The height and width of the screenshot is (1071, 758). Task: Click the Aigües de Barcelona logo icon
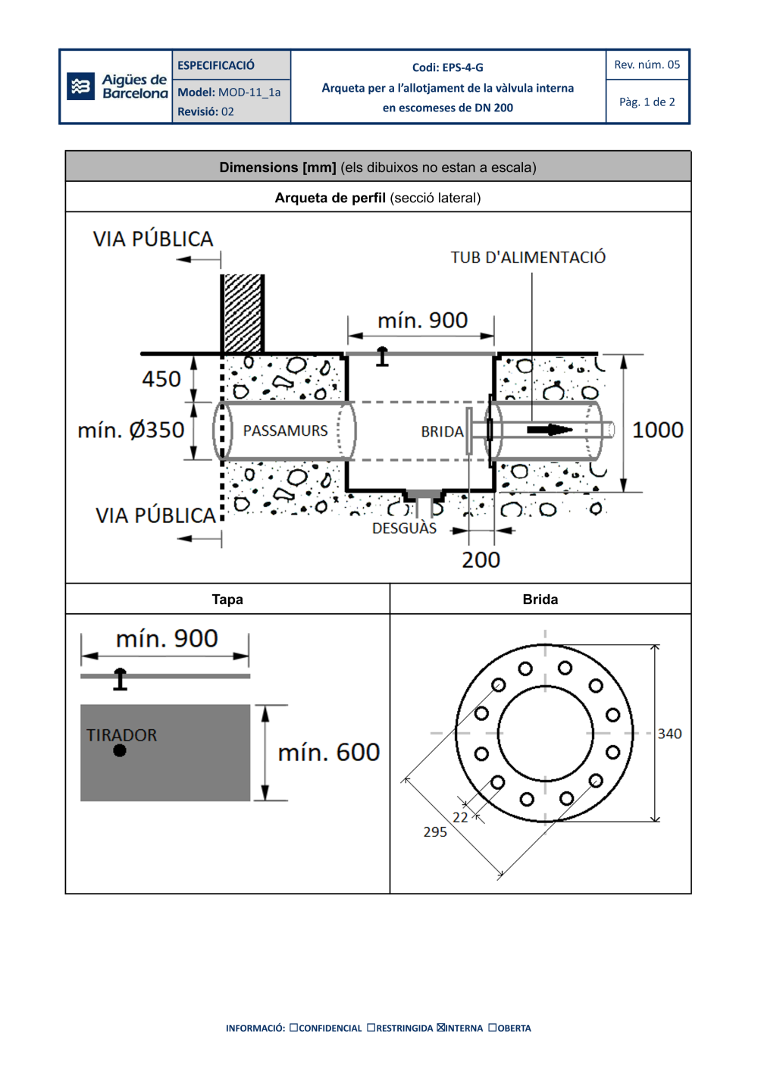coord(80,86)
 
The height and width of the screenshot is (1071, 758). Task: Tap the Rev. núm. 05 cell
coord(647,64)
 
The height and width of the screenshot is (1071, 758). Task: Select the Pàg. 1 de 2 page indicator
coord(647,102)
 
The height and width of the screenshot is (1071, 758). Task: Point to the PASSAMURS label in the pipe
coord(285,431)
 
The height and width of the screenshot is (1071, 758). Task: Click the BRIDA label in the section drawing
coord(442,431)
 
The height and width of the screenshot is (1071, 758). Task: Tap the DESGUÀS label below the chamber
coord(404,528)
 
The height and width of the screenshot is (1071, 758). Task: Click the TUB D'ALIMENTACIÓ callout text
coord(528,257)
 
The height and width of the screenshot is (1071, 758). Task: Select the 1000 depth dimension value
coord(657,430)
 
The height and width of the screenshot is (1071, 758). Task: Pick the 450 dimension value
coord(161,378)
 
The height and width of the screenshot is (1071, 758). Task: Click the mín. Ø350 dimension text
coord(131,430)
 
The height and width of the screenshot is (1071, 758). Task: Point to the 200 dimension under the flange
coord(481,559)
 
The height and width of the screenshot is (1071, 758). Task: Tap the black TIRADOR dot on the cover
coord(120,750)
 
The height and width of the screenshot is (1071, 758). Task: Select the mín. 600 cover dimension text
coord(328,752)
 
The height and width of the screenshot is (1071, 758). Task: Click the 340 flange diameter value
coord(669,733)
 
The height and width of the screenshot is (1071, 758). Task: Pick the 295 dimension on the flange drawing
coord(435,831)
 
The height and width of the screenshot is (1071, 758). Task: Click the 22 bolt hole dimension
coord(460,817)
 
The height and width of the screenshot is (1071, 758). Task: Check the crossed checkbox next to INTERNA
coord(441,1028)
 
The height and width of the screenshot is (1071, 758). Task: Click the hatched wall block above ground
coord(243,313)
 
